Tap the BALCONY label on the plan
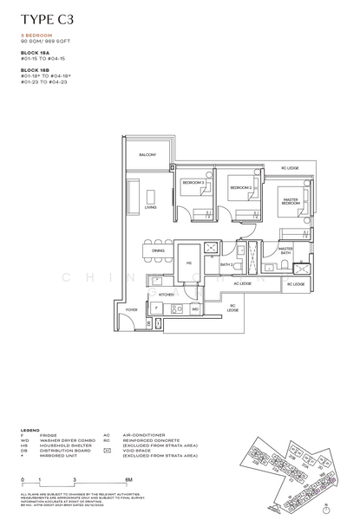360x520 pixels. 148,155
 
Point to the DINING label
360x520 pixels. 158,250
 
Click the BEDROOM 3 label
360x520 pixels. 193,183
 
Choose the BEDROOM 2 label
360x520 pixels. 240,187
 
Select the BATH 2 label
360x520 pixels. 226,264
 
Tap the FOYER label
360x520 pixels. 132,309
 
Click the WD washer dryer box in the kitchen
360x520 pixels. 195,309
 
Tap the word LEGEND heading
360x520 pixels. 30,429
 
